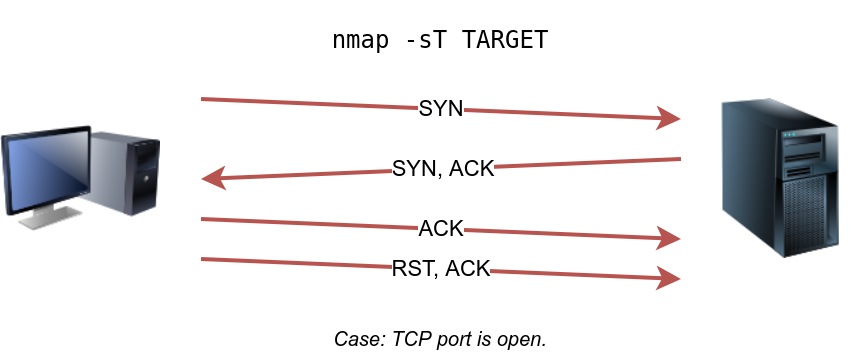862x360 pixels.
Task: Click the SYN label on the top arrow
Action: point(441,109)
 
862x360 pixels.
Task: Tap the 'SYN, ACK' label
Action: point(444,168)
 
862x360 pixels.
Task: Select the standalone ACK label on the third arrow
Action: point(441,229)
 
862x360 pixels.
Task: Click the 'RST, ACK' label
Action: point(441,268)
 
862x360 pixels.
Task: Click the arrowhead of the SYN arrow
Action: point(670,120)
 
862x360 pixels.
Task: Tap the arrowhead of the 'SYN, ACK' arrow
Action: point(212,180)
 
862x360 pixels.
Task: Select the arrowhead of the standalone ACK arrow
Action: point(670,239)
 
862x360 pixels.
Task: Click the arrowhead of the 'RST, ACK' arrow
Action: point(670,279)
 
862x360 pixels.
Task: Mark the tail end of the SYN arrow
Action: point(203,99)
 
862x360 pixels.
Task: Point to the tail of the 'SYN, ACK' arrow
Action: point(679,159)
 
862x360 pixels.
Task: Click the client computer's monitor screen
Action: point(45,169)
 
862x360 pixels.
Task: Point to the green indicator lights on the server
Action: point(790,136)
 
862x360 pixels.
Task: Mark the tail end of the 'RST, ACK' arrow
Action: point(203,259)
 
